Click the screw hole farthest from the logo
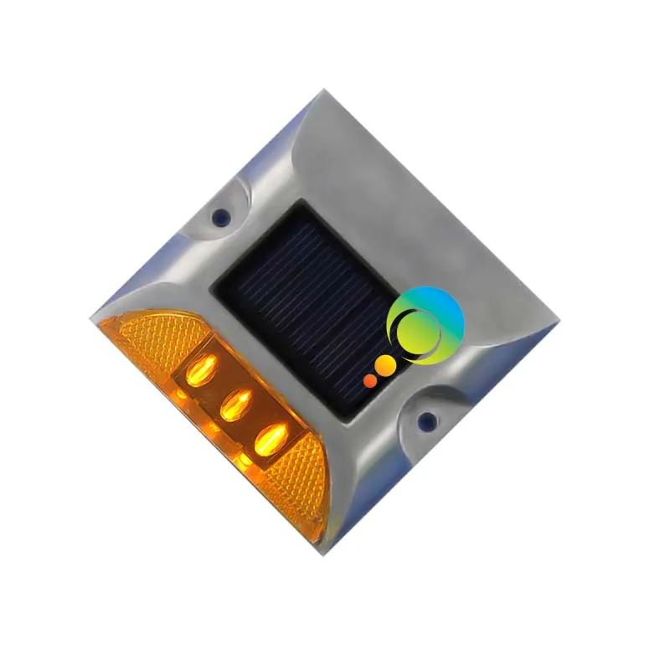(221, 217)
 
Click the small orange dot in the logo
(370, 380)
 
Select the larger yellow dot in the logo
(385, 366)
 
